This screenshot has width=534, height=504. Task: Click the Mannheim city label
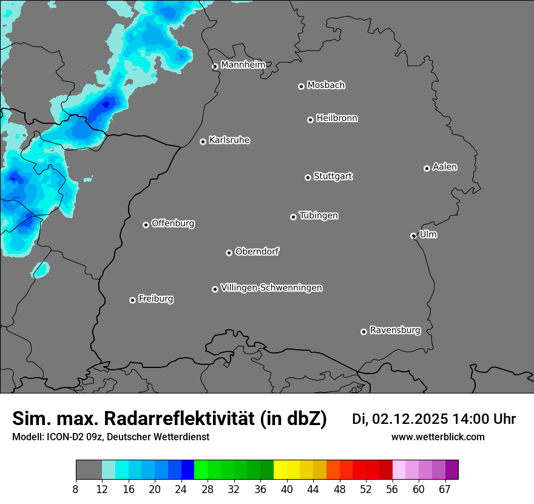click(243, 65)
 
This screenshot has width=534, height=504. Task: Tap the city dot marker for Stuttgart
click(308, 177)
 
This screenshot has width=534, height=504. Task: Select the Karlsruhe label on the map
click(229, 140)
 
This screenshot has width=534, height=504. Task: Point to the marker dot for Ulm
click(413, 236)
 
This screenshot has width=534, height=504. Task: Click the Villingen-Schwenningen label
click(271, 288)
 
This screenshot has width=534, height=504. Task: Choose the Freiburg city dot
click(132, 300)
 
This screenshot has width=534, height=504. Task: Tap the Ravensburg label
click(394, 330)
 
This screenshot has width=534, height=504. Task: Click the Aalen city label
click(445, 167)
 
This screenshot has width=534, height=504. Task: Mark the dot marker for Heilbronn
click(310, 120)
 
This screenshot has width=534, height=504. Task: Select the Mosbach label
click(326, 86)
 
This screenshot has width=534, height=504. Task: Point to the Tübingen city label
click(319, 216)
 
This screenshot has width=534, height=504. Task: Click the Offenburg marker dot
click(146, 225)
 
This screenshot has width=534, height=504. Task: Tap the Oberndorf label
click(257, 251)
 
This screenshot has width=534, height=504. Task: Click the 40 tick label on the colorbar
click(286, 489)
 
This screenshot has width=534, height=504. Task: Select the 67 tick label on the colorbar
click(445, 489)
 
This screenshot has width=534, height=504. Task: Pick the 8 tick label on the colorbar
click(75, 489)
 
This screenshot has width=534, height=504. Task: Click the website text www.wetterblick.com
click(438, 437)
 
